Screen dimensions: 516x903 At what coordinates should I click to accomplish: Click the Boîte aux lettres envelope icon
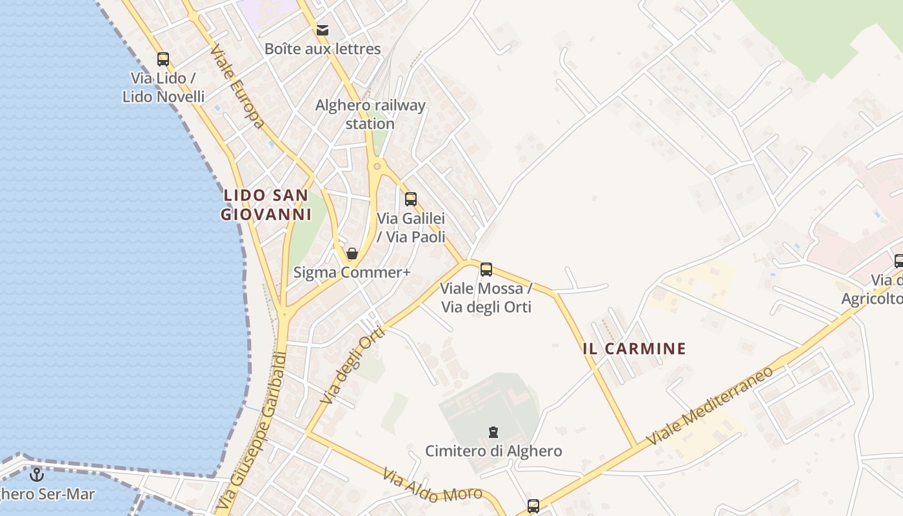322,30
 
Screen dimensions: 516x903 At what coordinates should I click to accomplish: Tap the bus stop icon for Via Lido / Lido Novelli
163,59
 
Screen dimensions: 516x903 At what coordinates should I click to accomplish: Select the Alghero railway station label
370,114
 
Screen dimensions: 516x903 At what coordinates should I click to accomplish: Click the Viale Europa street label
237,86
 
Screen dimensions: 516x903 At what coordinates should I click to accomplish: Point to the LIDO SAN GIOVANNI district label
266,204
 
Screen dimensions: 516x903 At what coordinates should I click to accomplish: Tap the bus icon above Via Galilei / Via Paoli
411,199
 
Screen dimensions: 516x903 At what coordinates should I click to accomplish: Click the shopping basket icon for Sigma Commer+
352,253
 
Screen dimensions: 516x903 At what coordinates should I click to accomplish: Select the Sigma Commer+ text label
352,272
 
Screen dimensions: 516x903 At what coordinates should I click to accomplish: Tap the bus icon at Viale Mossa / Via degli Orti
486,270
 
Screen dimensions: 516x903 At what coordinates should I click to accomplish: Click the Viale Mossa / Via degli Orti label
486,297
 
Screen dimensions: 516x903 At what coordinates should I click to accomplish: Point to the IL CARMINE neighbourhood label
634,349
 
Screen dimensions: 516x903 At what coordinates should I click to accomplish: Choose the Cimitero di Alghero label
493,451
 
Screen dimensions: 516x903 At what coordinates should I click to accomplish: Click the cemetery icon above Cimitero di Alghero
493,432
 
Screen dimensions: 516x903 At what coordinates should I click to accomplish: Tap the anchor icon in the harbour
36,475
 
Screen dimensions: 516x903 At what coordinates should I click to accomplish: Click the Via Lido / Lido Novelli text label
163,87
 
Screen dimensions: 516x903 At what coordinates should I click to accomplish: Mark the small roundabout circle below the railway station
377,166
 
